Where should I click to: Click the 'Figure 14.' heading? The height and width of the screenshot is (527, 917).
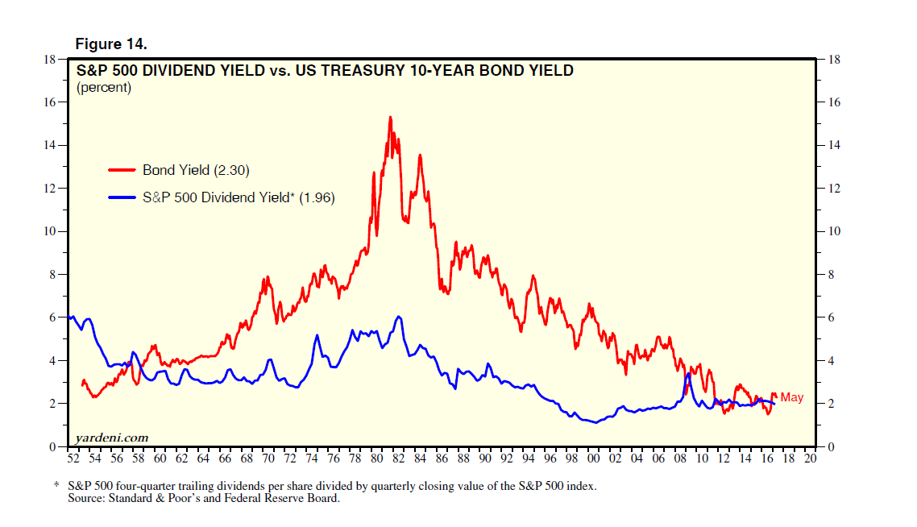[111, 43]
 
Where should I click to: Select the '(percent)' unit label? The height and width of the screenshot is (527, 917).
[103, 87]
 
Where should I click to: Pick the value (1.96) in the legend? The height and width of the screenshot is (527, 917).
[317, 197]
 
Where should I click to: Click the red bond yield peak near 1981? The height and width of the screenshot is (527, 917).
[390, 118]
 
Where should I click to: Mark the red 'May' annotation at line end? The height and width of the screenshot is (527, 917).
[791, 397]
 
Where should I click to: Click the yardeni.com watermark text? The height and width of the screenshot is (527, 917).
[112, 438]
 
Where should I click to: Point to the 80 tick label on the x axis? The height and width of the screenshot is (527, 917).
[376, 459]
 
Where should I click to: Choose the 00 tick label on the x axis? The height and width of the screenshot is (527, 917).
[593, 459]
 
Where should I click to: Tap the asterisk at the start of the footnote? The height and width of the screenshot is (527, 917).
[57, 487]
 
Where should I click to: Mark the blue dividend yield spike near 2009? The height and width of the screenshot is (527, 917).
[688, 374]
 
